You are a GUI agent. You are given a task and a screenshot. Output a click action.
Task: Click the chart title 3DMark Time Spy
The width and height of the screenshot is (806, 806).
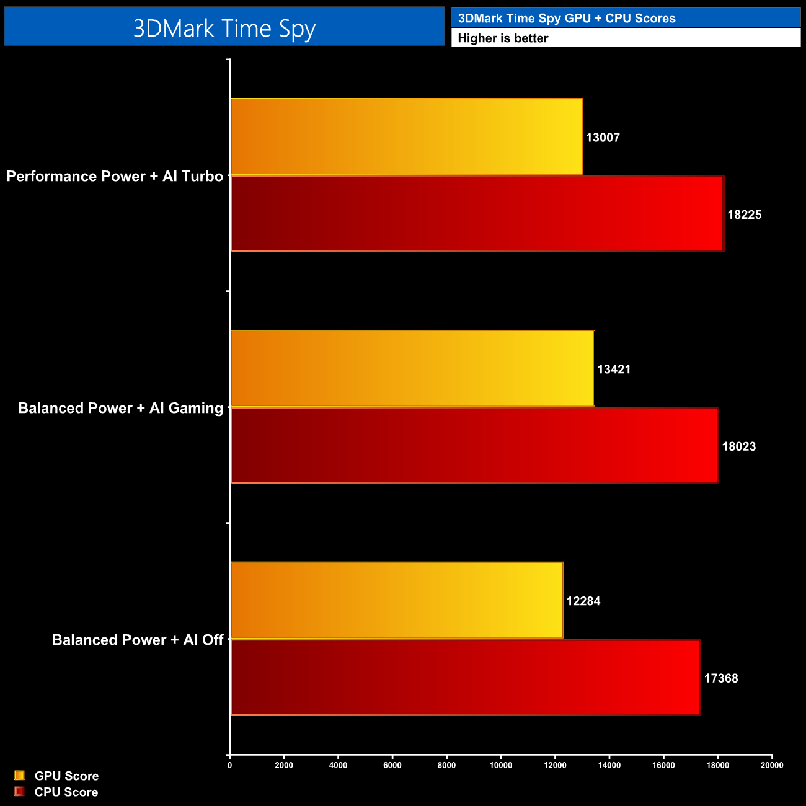[x=224, y=29]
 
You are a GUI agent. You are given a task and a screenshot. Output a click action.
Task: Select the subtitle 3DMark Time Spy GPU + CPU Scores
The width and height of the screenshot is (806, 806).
[x=567, y=18]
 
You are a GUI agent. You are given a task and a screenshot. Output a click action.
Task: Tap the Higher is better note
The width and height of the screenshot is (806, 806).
[x=503, y=38]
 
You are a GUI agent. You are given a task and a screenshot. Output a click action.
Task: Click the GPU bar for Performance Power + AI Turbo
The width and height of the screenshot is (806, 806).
[x=406, y=136]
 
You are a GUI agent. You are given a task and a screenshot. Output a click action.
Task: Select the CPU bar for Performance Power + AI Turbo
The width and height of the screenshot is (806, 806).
[x=477, y=214]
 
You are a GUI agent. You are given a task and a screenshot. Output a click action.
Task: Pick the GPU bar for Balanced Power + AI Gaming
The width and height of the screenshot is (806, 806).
[x=412, y=368]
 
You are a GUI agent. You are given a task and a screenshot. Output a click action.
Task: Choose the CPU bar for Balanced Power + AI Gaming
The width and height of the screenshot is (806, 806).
[x=474, y=446]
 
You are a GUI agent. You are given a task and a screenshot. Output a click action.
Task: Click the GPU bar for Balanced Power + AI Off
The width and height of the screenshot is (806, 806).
[x=396, y=600]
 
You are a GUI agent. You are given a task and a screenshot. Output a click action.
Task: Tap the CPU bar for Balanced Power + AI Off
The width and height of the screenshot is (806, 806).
[x=466, y=678]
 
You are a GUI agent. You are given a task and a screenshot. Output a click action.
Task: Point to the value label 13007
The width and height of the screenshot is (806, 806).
[x=603, y=138]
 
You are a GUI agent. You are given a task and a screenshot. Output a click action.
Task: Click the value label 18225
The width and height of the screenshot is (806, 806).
[x=744, y=215]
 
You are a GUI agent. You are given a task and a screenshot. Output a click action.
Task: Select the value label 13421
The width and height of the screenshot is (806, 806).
[x=614, y=370]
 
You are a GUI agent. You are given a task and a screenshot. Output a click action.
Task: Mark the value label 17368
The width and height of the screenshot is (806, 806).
[x=721, y=678]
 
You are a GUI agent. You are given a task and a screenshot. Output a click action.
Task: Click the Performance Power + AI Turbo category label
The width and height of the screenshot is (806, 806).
[x=115, y=177]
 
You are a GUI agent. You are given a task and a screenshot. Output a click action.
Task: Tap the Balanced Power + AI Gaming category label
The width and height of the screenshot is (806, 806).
[x=120, y=409]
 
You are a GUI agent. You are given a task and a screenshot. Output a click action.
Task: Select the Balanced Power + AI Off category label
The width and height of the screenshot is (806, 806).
[x=137, y=640]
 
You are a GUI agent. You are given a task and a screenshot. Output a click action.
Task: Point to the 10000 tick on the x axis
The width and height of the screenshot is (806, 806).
[x=501, y=765]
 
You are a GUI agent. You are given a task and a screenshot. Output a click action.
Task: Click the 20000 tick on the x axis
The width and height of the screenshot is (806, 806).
[x=772, y=765]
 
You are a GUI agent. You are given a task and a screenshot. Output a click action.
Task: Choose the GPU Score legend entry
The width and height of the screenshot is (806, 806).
[x=66, y=776]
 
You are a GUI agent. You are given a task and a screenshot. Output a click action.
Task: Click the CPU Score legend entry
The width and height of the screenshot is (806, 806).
[x=66, y=792]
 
